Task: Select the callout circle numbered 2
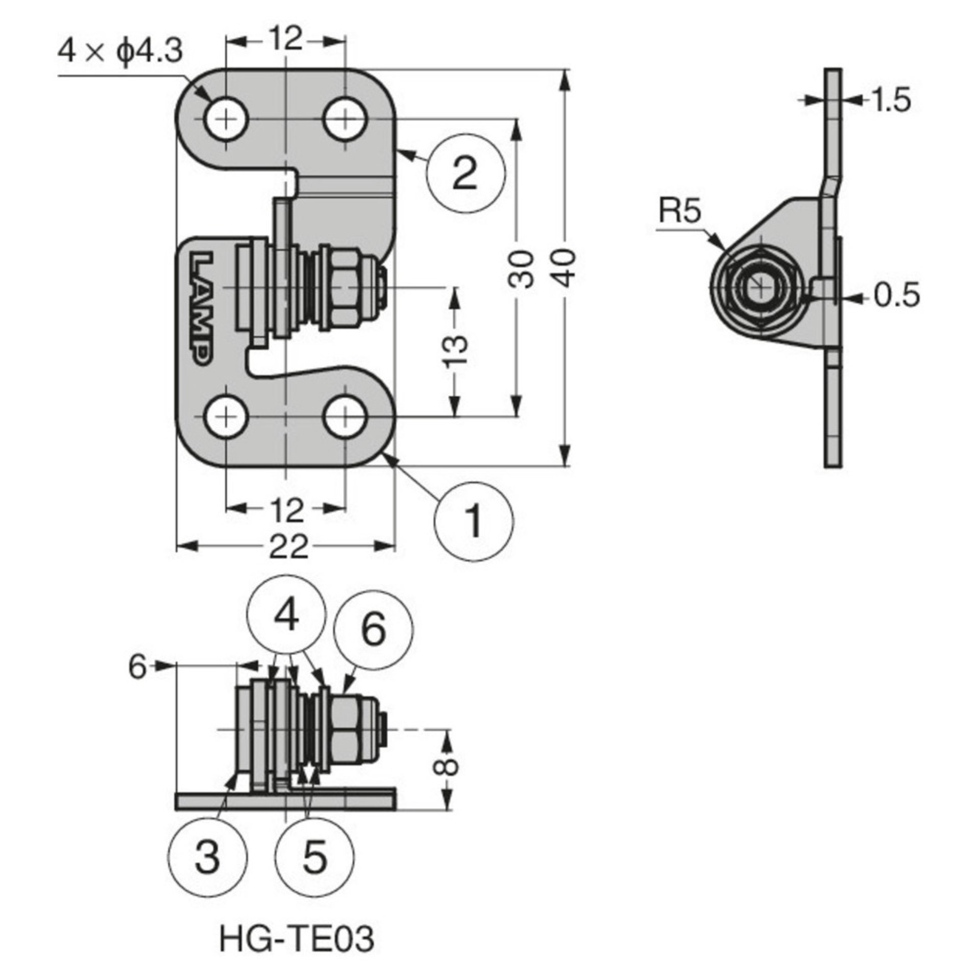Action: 465,173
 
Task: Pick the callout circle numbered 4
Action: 287,617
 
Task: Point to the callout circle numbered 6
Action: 373,630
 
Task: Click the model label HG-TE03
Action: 297,939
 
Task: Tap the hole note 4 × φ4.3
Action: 120,52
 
